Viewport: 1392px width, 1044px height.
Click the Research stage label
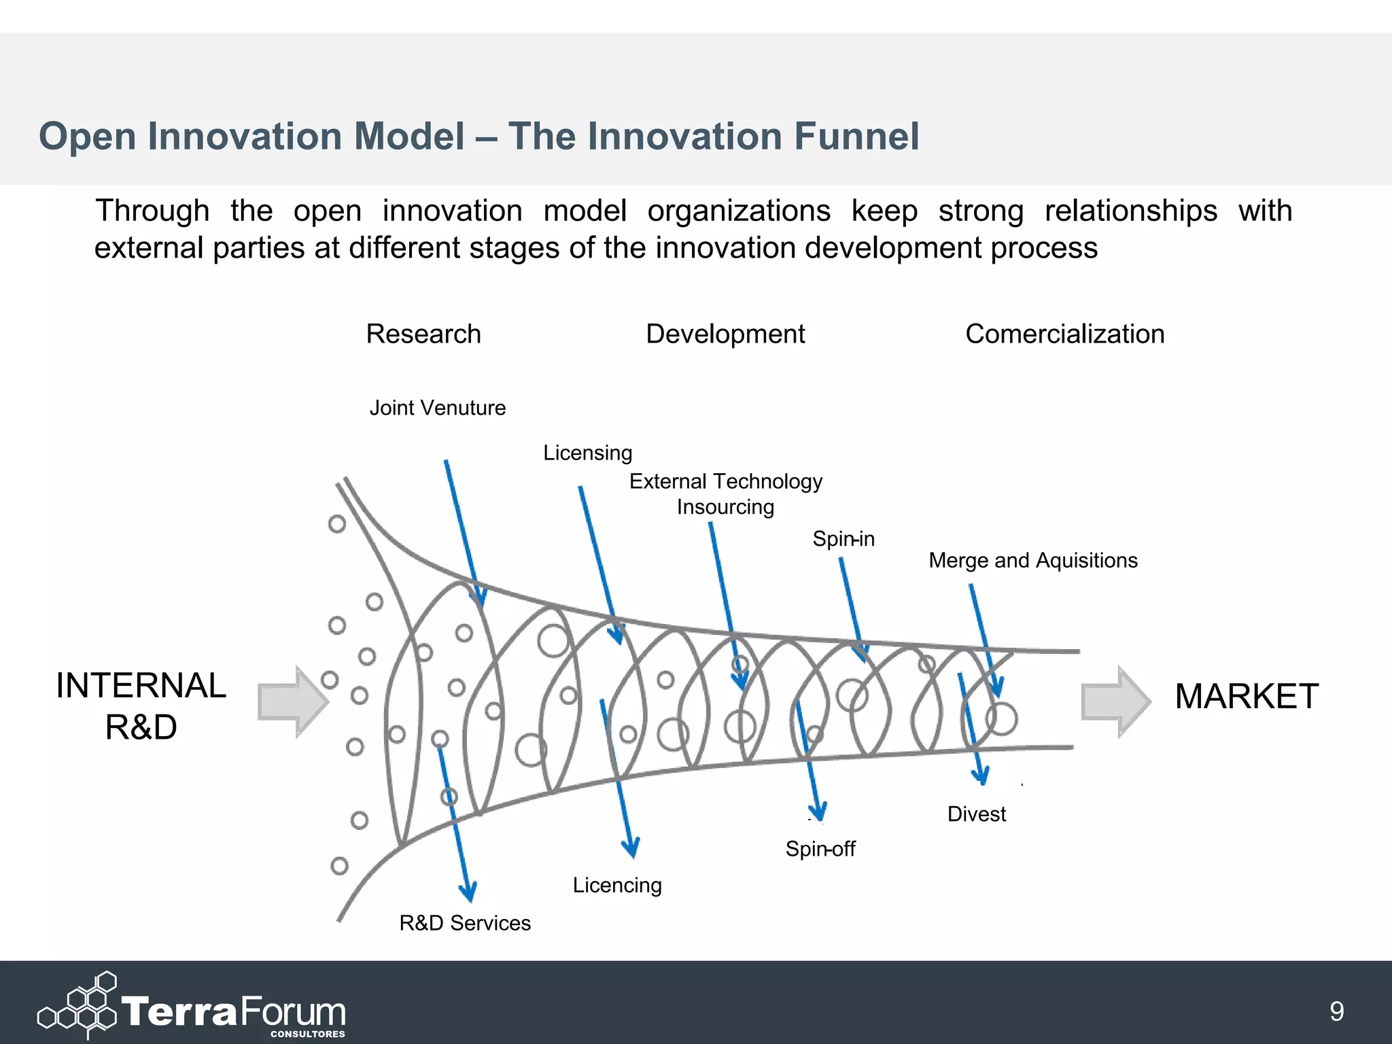(423, 334)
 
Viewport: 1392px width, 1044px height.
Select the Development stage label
(725, 334)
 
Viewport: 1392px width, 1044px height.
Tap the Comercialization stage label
(1064, 334)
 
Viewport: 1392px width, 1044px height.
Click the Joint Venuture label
(437, 408)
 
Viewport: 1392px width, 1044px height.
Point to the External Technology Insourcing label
(725, 494)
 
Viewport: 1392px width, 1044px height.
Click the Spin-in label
(843, 539)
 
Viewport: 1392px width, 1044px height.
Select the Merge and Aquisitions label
(1032, 561)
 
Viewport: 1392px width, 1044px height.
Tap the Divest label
(976, 814)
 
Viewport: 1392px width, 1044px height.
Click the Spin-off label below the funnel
(820, 849)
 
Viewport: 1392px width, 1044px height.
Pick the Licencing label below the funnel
(616, 885)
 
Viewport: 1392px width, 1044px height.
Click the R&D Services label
(464, 923)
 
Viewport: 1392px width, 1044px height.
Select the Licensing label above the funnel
(587, 453)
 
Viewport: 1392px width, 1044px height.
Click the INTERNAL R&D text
(141, 706)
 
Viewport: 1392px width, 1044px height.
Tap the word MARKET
(1246, 697)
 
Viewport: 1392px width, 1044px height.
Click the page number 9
(1336, 1011)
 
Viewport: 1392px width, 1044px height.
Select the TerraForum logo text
(233, 1012)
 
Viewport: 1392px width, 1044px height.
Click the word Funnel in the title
(856, 136)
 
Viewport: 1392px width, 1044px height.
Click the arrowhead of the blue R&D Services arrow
(468, 891)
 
